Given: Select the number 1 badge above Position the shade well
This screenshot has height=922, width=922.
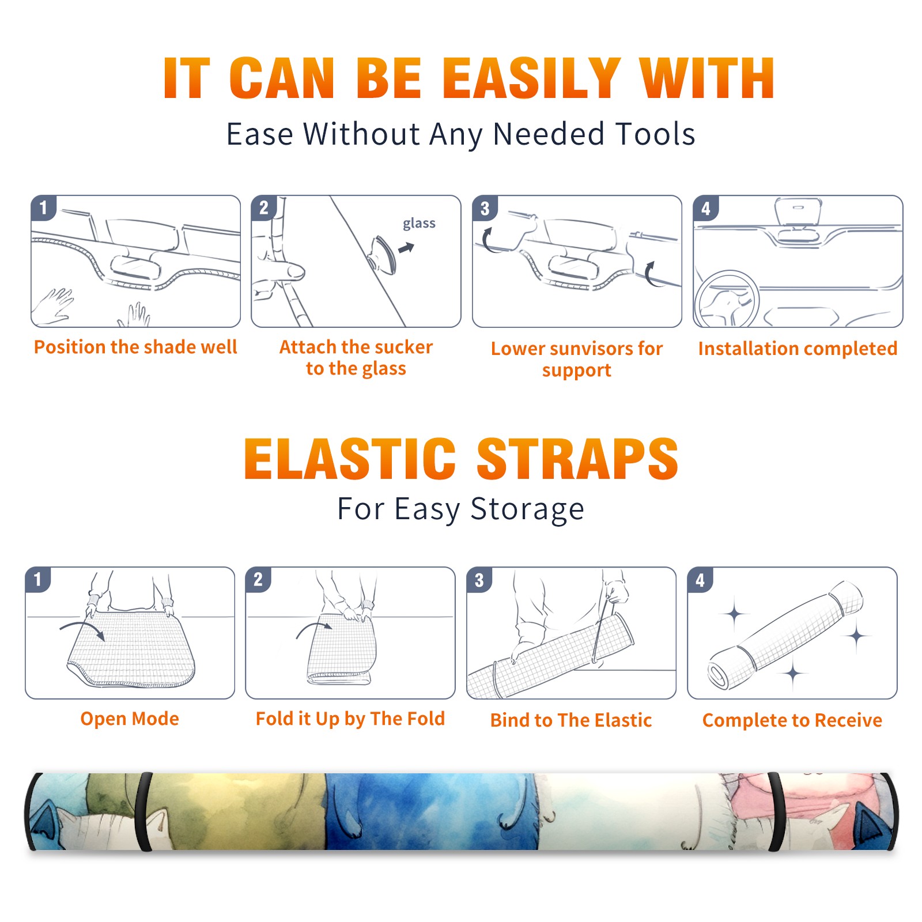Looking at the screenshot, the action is pos(44,207).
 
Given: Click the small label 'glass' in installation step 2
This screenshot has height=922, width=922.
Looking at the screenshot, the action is pos(419,224).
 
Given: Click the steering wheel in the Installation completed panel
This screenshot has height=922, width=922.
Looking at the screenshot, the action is pos(727,299).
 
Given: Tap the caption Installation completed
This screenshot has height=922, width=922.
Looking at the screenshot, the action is pos(798,348).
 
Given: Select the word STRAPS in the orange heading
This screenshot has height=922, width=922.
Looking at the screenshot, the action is pos(577,459).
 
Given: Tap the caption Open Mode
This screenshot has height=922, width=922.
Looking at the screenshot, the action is pos(130,719).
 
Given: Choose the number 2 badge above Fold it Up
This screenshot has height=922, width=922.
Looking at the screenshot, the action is pos(258,579).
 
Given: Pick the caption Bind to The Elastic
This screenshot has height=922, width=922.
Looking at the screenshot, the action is pos(570,720).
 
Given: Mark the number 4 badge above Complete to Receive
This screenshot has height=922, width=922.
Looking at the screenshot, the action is pos(700,579).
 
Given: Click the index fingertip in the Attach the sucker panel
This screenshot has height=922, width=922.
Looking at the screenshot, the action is pos(296,271).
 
